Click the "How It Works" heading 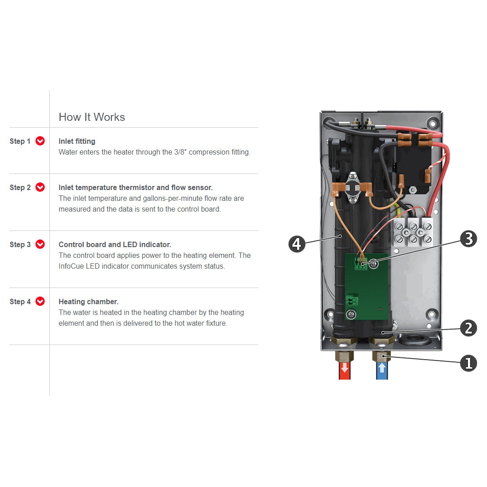pos(92,117)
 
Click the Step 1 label pos(20,142)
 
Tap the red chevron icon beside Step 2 pos(40,187)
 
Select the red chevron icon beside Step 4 pos(40,301)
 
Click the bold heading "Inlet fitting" pos(77,142)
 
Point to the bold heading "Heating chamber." pos(89,302)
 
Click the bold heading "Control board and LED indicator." pos(115,245)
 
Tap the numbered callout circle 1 pos(468,363)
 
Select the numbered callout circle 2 pos(468,328)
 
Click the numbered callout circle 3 pos(468,239)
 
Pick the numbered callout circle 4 pos(297,244)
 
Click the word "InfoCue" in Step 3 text pos(71,266)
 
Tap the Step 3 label pos(20,245)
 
